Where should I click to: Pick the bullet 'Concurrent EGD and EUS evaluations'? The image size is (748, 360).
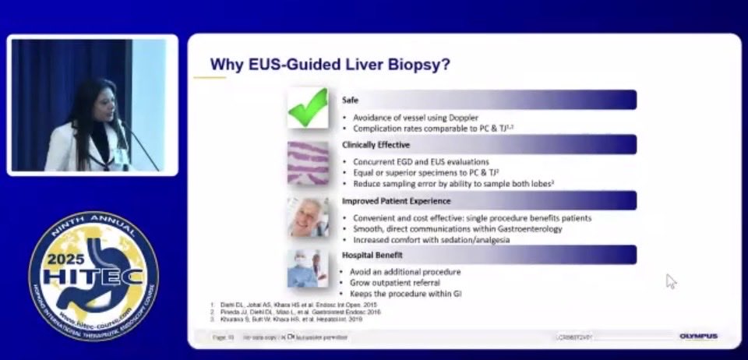point(417,161)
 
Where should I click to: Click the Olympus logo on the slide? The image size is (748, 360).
point(698,337)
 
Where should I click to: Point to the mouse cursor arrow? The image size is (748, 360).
point(670,280)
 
